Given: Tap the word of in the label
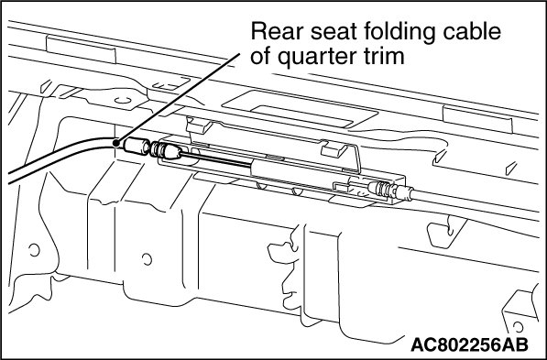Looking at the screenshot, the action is pyautogui.click(x=261, y=56).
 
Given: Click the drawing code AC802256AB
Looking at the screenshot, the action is pyautogui.click(x=469, y=345).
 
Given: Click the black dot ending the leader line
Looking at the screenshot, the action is pyautogui.click(x=116, y=142).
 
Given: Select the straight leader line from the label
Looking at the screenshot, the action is pyautogui.click(x=179, y=98).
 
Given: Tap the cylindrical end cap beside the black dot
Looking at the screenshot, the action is pyautogui.click(x=137, y=147).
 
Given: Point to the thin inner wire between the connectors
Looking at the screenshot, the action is pyautogui.click(x=216, y=158).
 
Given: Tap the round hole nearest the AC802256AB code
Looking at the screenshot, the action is pyautogui.click(x=518, y=327).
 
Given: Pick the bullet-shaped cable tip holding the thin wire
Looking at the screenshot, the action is pyautogui.click(x=172, y=152).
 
